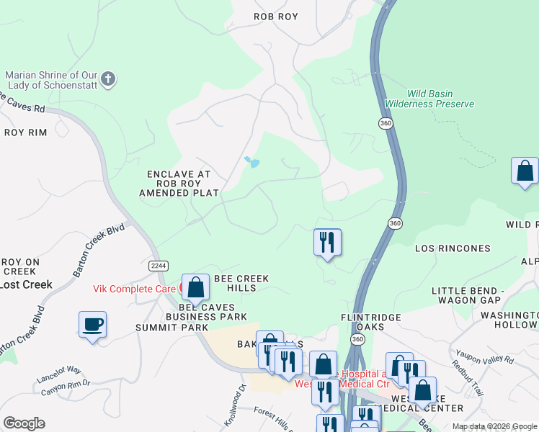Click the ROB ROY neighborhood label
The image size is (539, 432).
click(276, 16)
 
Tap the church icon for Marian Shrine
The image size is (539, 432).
click(108, 79)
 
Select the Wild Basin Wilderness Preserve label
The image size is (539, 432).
click(429, 98)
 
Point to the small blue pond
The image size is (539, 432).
click(251, 162)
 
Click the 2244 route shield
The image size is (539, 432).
click(159, 266)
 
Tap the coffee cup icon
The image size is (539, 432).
click(92, 324)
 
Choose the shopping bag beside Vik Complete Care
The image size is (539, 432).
click(195, 287)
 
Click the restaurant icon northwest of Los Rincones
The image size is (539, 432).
click(327, 242)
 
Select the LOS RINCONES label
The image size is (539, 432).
click(453, 248)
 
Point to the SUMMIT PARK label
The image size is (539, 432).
click(161, 328)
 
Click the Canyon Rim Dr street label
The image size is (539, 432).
click(66, 386)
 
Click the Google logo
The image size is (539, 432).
click(24, 423)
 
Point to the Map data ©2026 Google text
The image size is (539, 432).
click(494, 426)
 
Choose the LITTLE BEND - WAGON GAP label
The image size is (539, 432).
click(475, 295)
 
